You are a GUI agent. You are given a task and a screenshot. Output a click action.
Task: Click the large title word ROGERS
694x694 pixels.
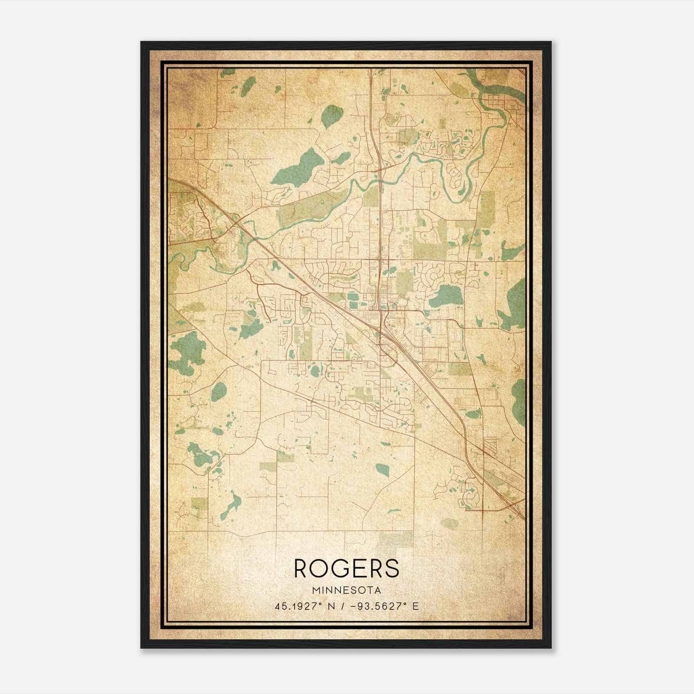tap(347, 568)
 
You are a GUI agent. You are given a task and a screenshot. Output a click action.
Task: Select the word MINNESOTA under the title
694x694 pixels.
tap(347, 590)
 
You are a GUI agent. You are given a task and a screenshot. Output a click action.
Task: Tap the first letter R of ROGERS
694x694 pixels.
tap(302, 568)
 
